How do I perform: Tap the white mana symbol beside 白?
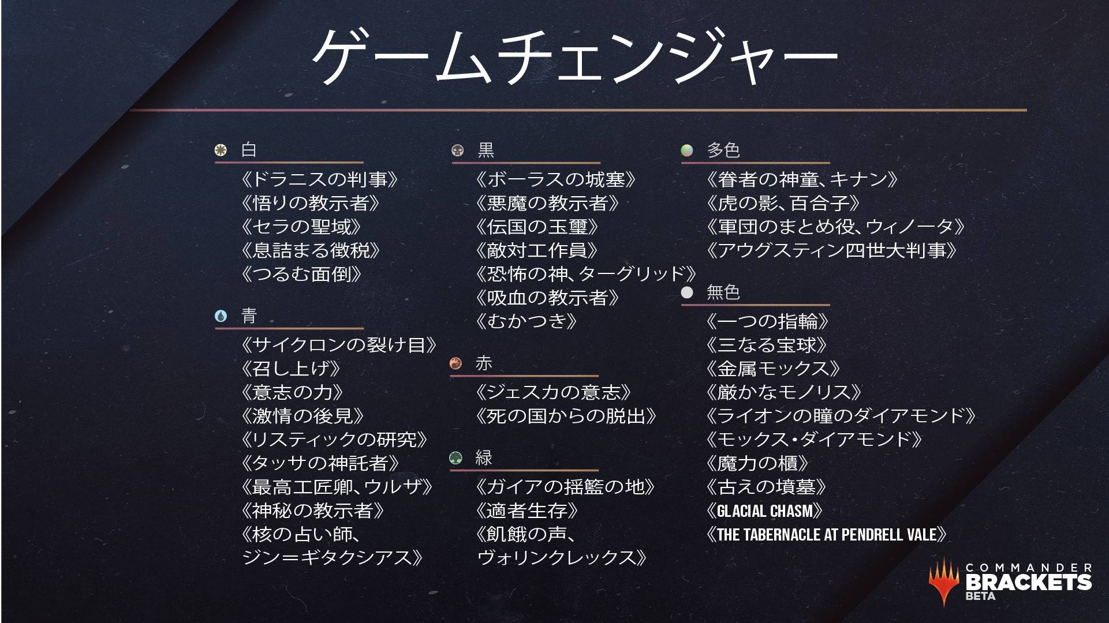(220, 151)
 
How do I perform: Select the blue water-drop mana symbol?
(221, 316)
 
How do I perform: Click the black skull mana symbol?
(457, 151)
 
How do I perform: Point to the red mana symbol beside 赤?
(455, 363)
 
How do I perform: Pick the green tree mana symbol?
(455, 458)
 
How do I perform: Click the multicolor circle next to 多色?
(687, 151)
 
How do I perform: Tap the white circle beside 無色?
(687, 292)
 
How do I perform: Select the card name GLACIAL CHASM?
(764, 511)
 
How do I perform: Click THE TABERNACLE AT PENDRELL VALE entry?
(826, 534)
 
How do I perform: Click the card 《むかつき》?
(526, 321)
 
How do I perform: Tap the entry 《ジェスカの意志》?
(553, 392)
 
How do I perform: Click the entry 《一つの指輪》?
(767, 321)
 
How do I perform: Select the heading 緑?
(484, 458)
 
